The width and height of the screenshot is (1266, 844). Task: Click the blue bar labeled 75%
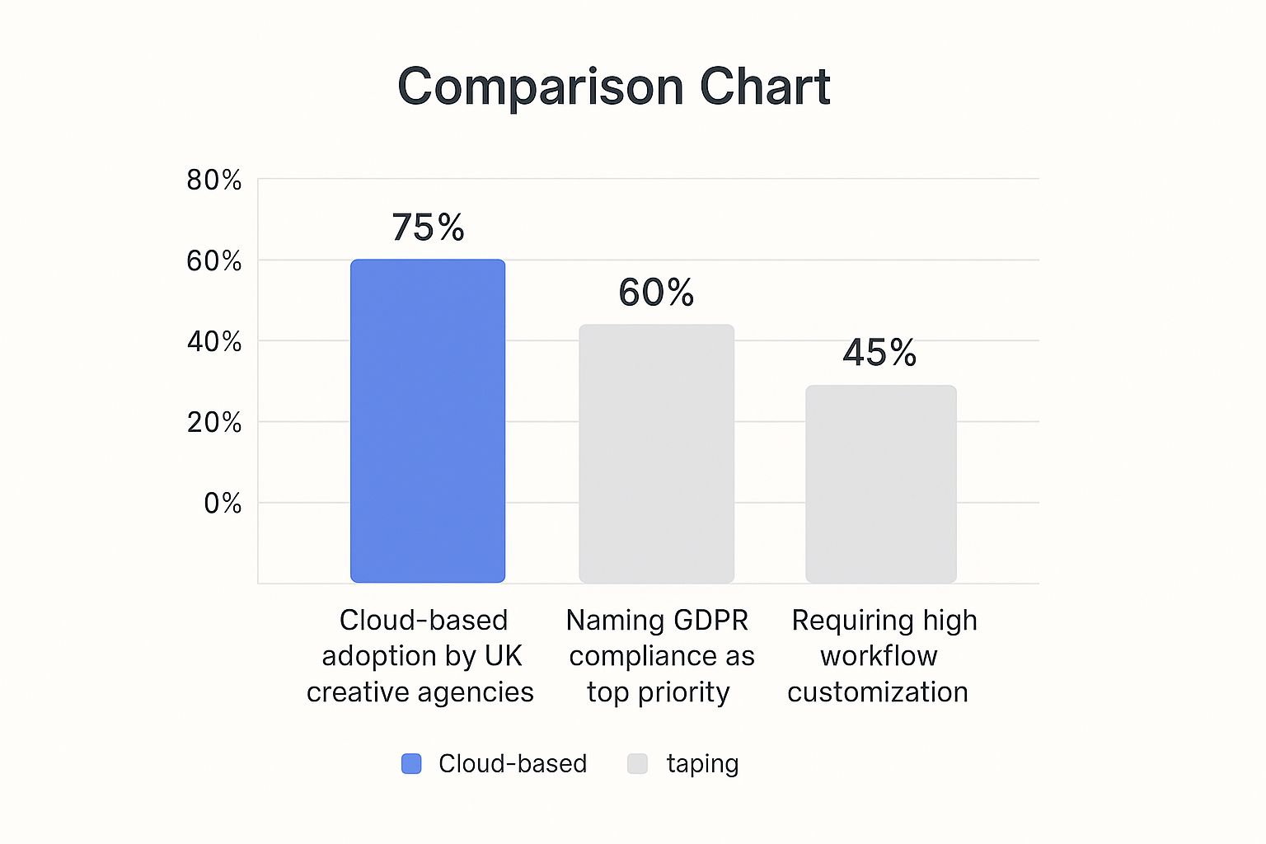(x=428, y=421)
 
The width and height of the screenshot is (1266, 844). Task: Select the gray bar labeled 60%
(x=656, y=453)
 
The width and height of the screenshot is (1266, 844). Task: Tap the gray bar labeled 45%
(x=880, y=484)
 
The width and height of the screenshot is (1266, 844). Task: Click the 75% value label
(x=428, y=227)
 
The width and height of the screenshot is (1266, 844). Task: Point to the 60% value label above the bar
(x=656, y=293)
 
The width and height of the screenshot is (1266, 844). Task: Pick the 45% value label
(x=879, y=353)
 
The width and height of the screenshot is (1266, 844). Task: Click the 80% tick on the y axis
(x=214, y=180)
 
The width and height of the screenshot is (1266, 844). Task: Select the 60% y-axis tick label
(x=214, y=260)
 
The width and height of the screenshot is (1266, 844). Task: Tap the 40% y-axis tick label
(x=214, y=341)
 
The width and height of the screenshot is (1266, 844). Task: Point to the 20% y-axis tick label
(x=214, y=422)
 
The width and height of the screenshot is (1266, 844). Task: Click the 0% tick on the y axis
(x=223, y=503)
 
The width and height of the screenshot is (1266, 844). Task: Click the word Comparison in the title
(x=541, y=87)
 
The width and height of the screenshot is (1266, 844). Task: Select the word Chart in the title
(x=765, y=87)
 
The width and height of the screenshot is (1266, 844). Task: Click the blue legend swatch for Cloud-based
(x=411, y=764)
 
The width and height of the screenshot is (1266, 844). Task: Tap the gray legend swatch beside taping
(x=637, y=764)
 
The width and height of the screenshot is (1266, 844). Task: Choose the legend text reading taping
(x=702, y=764)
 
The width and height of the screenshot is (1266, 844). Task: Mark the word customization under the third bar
(x=878, y=692)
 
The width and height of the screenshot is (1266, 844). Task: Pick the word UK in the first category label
(x=503, y=656)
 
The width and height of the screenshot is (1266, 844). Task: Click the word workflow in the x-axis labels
(x=879, y=656)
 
